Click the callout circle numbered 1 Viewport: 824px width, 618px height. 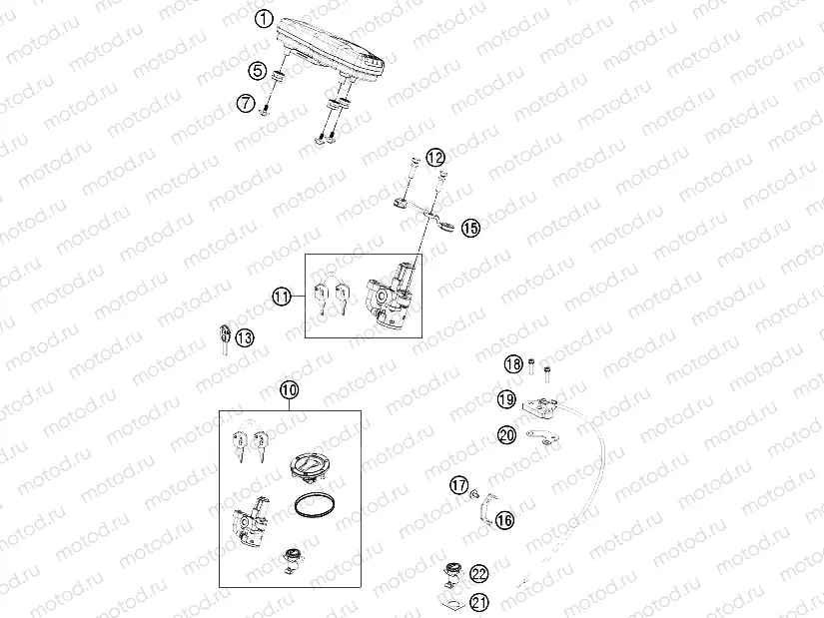click(264, 19)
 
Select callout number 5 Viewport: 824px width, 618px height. click(258, 71)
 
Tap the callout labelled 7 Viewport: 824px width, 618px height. click(246, 103)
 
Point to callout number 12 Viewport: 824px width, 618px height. click(434, 158)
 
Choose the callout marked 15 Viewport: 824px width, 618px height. click(469, 229)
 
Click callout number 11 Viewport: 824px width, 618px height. click(282, 297)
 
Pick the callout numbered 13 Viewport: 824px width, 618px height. click(245, 337)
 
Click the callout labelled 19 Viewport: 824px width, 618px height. click(507, 400)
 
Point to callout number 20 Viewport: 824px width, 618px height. click(507, 434)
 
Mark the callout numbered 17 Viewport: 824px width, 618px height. click(458, 486)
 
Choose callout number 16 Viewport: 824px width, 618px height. click(504, 520)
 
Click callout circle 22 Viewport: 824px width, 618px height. click(479, 573)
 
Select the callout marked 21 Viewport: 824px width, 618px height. click(479, 602)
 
